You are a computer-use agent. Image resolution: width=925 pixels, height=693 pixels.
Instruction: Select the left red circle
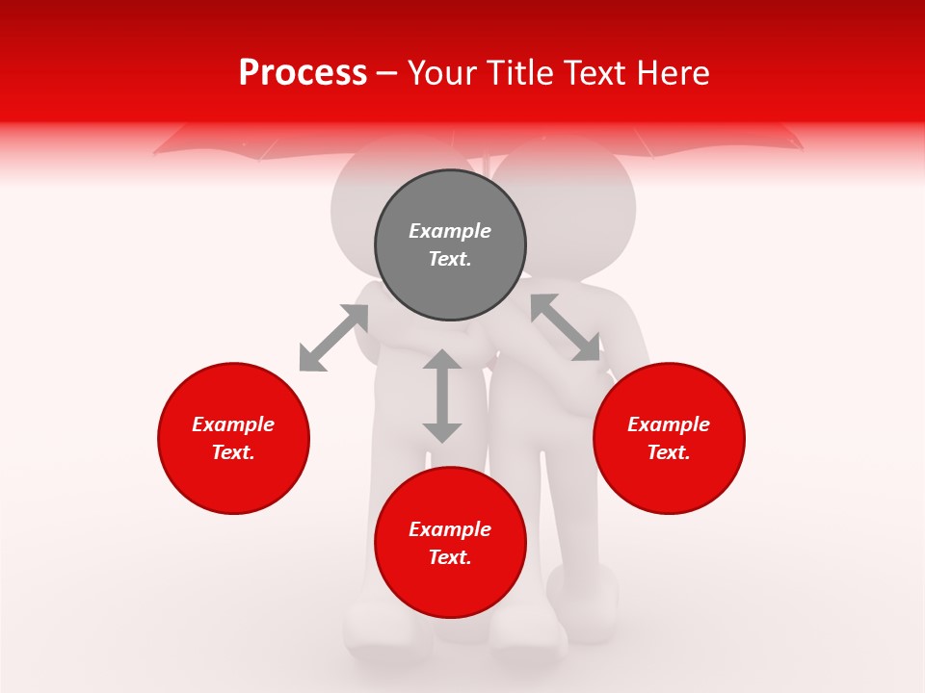point(233,438)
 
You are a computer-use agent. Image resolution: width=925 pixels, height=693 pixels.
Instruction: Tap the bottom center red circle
point(450,543)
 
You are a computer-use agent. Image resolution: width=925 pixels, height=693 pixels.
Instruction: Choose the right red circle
point(669,438)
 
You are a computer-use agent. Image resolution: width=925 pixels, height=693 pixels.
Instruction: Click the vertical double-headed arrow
point(442,396)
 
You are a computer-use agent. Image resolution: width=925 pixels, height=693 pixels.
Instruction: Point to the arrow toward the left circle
point(333,338)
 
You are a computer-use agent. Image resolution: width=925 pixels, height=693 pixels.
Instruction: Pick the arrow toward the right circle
point(566,328)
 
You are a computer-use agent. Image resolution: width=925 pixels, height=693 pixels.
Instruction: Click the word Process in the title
point(303,72)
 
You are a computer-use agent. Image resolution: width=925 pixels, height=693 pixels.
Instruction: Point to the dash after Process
point(387,73)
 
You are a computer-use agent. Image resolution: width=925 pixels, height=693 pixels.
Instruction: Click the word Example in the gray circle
point(450,231)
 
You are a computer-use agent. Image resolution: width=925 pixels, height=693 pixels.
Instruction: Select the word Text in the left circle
point(233,452)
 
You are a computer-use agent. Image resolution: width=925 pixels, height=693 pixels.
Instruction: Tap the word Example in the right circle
point(669,424)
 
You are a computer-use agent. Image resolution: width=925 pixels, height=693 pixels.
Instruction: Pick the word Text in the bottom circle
point(450,557)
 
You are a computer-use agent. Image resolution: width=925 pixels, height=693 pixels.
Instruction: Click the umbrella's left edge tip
point(156,152)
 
